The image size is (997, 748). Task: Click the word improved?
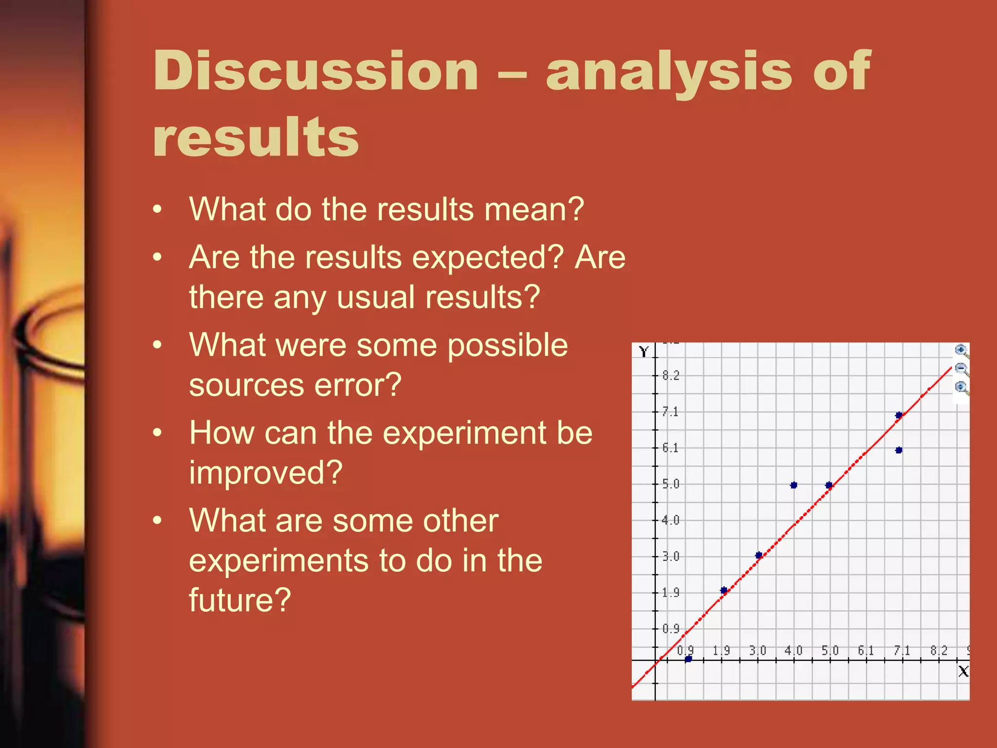click(266, 472)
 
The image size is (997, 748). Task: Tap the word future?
click(240, 600)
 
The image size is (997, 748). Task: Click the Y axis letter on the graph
click(644, 352)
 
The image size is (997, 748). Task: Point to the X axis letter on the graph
click(963, 672)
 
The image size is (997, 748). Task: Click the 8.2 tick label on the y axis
click(670, 375)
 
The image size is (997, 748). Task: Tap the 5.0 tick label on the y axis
click(670, 484)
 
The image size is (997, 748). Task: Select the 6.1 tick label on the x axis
click(866, 651)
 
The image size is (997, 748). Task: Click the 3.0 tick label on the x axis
click(757, 651)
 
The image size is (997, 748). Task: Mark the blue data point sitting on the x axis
click(688, 659)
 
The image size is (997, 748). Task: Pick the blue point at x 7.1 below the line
click(899, 450)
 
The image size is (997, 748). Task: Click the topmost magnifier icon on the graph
click(961, 350)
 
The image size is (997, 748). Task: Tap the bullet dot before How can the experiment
click(157, 432)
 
